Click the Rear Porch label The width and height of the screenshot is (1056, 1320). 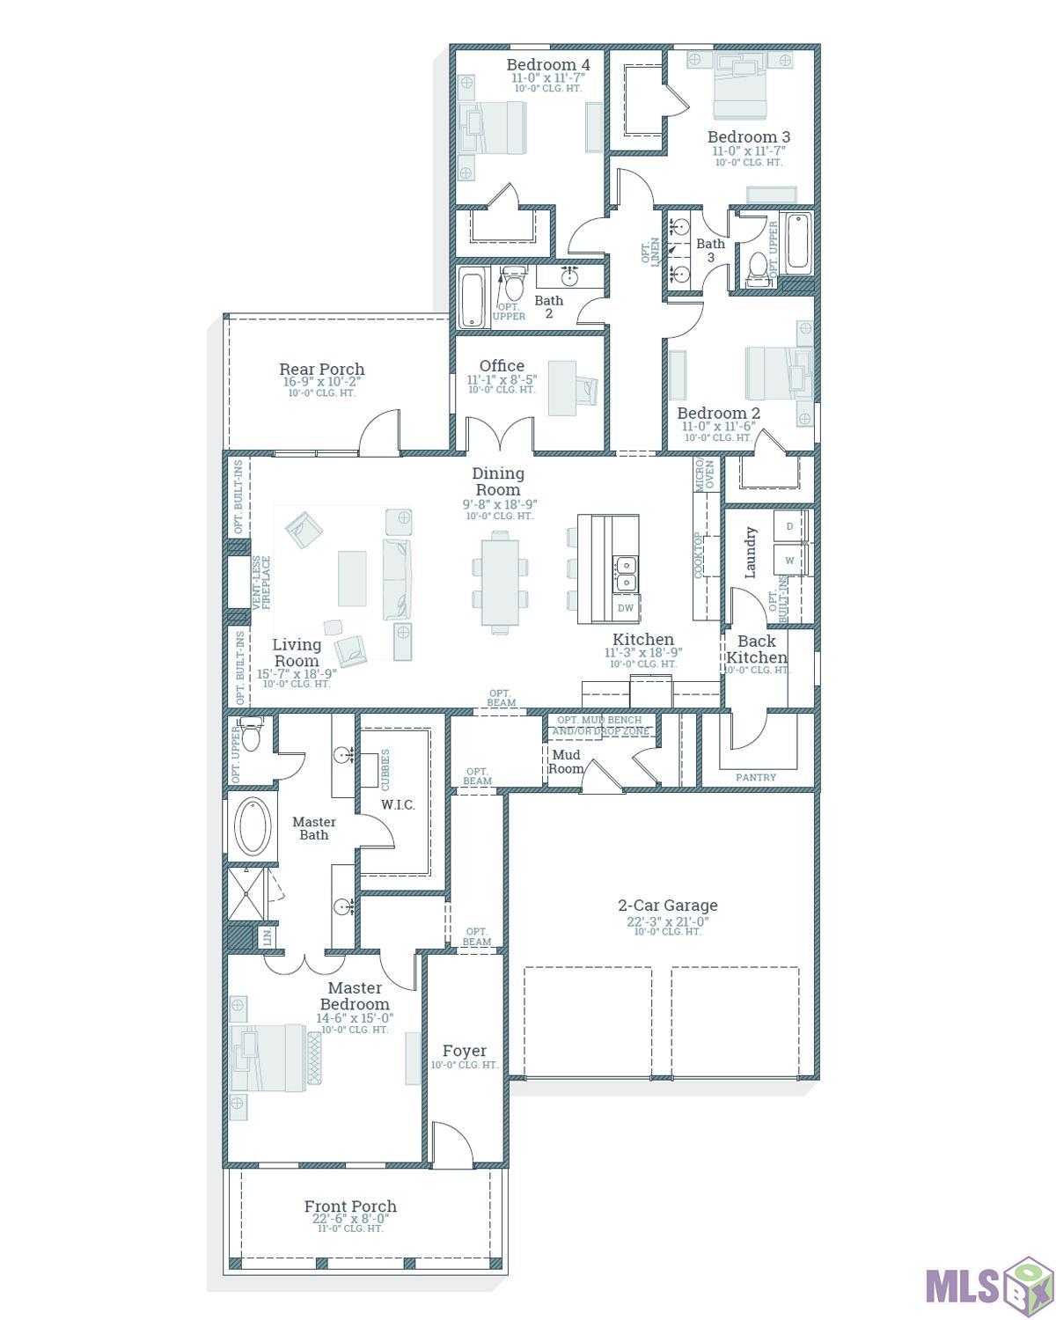click(321, 369)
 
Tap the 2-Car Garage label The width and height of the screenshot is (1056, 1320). click(667, 905)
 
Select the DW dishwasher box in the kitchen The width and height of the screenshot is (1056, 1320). click(626, 608)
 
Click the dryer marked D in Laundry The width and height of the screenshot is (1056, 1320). click(789, 525)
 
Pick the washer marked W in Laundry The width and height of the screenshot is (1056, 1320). click(789, 560)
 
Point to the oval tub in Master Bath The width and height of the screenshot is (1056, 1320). click(253, 825)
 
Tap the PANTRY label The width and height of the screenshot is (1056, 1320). click(755, 777)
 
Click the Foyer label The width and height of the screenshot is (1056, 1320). click(464, 1051)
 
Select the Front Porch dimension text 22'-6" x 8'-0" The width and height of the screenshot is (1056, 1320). click(350, 1219)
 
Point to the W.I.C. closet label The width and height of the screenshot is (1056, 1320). click(398, 804)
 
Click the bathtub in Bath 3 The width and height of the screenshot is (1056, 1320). click(797, 240)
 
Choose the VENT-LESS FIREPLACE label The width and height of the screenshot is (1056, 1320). click(261, 582)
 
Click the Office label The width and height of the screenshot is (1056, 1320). click(502, 365)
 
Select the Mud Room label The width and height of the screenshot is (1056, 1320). click(566, 762)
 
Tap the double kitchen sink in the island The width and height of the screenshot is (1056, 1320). click(626, 574)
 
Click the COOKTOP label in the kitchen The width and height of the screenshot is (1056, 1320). click(698, 554)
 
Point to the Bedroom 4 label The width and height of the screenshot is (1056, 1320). click(548, 64)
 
